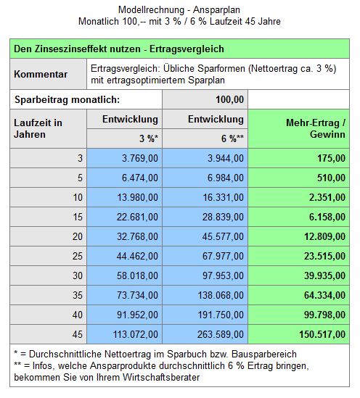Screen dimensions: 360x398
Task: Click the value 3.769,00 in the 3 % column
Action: (140, 158)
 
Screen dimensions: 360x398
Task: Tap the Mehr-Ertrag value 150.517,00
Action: (322, 334)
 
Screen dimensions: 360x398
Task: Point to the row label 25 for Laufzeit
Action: (78, 256)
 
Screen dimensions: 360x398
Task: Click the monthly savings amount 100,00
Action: (229, 99)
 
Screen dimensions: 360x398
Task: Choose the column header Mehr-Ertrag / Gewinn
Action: (316, 128)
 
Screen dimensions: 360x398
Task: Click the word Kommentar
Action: (41, 74)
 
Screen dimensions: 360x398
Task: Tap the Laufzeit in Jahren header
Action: (38, 128)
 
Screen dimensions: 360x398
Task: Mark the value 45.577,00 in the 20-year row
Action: (223, 236)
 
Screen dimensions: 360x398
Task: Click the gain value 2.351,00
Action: (327, 197)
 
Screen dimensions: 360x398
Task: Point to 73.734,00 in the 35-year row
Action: (137, 295)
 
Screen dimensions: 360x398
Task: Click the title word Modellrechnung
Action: (151, 10)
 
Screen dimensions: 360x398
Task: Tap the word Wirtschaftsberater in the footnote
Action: (161, 377)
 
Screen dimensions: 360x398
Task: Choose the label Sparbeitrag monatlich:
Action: (67, 100)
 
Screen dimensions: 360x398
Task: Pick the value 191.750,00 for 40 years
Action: (221, 315)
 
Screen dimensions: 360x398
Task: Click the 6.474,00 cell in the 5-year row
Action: (140, 178)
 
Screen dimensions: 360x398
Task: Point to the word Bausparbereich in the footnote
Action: (264, 354)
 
